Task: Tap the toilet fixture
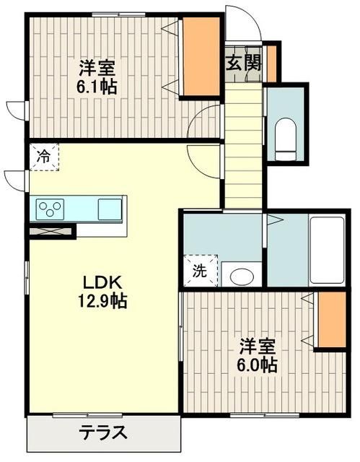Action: tap(286, 137)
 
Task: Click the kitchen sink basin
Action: tap(110, 209)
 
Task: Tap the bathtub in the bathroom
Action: tap(329, 253)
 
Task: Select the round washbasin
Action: tap(242, 275)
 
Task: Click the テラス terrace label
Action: tap(103, 434)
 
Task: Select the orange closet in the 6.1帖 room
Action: tap(198, 55)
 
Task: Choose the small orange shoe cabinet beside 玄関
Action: tap(271, 64)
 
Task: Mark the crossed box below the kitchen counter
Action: tap(52, 232)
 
